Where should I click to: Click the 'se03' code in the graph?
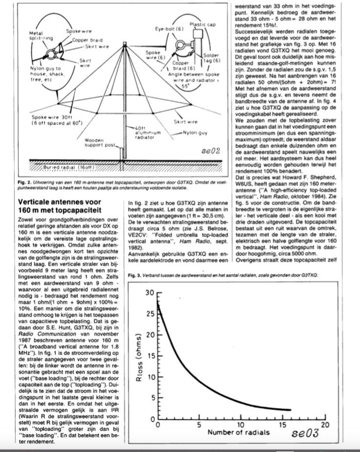pyautogui.click(x=305, y=433)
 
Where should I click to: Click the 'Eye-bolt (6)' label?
pyautogui.click(x=166, y=29)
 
